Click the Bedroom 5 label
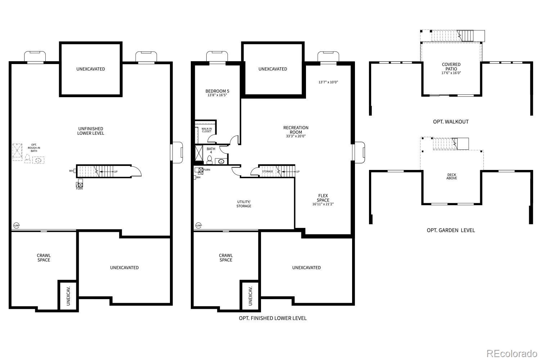pos(217,91)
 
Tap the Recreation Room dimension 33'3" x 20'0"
pos(296,136)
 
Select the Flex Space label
pos(323,198)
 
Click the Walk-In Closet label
pos(207,130)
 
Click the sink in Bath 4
pos(221,161)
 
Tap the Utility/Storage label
pos(244,204)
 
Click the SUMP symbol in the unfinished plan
pos(16,226)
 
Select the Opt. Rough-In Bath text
pos(34,148)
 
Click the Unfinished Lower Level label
pos(91,131)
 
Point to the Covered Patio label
pos(451,67)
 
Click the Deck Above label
pos(451,176)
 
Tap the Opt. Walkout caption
pos(451,122)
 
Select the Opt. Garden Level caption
pos(451,230)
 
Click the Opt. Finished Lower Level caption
pos(273,318)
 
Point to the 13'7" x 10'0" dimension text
pos(328,82)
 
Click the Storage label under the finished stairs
pos(267,171)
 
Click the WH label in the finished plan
pos(198,177)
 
